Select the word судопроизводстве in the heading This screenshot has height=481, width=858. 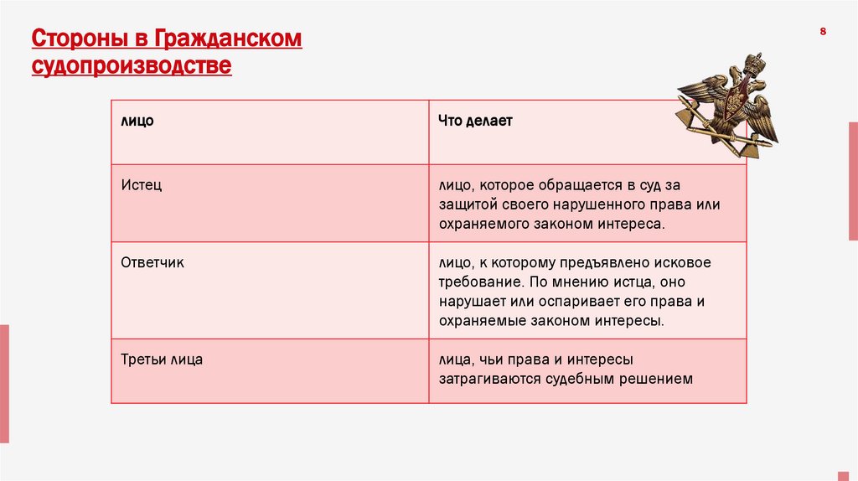coord(132,66)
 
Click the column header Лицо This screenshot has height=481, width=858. coord(137,121)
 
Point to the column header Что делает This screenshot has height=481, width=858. coord(475,121)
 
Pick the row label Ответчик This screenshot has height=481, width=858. coord(152,262)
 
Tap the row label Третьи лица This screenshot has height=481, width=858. coord(163,359)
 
